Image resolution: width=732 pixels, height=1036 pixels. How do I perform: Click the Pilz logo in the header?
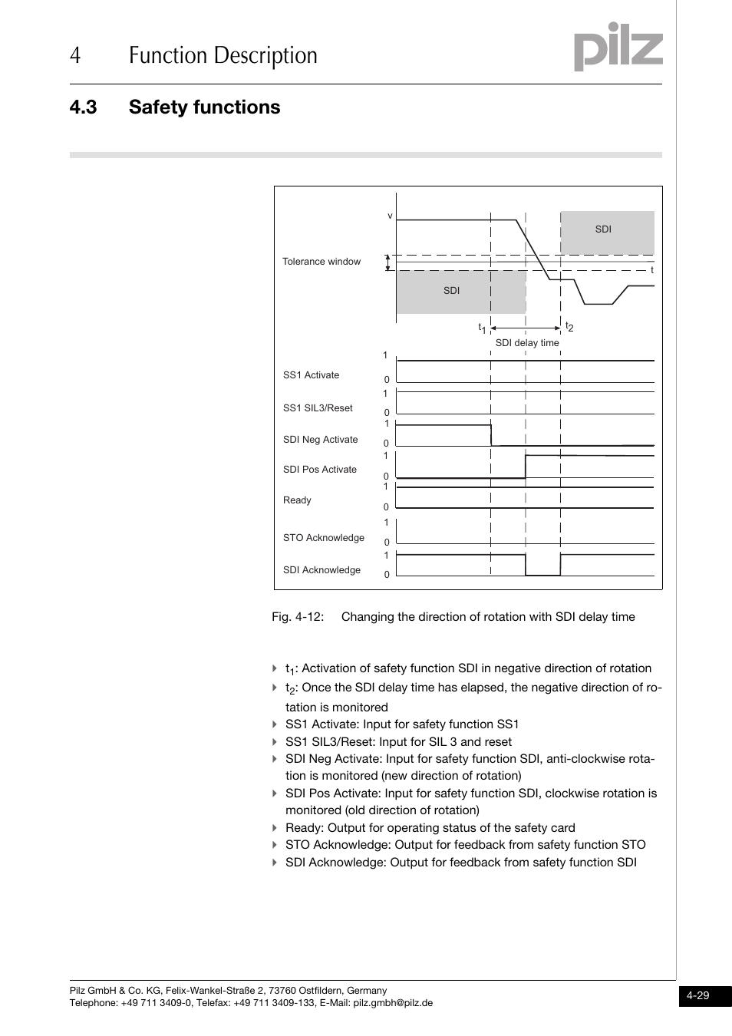point(618,47)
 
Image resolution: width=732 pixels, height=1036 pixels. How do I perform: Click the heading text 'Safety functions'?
point(204,107)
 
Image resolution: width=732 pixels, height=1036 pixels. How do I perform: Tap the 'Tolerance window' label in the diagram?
point(321,262)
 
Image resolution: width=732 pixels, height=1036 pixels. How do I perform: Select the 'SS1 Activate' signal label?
point(311,375)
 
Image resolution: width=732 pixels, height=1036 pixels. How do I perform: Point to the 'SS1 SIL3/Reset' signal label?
point(318,408)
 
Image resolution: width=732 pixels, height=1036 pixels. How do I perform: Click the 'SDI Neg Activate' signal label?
point(320,440)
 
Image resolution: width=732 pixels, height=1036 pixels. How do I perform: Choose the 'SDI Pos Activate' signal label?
point(319,470)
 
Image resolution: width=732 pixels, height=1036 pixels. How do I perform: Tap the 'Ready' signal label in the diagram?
point(297,500)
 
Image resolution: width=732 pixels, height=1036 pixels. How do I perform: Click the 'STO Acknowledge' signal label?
point(323,538)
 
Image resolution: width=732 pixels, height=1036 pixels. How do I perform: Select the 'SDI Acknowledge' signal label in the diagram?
point(321,570)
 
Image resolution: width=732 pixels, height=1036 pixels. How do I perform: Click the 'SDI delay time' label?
point(527,343)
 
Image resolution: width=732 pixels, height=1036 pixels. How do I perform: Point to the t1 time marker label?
point(483,328)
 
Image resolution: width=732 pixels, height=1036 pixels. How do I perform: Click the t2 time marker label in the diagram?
point(569,327)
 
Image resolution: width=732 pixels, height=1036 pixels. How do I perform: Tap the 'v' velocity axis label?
point(390,216)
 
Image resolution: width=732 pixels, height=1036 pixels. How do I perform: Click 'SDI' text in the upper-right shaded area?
point(603,229)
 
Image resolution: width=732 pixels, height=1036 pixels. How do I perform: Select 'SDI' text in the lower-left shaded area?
point(451,291)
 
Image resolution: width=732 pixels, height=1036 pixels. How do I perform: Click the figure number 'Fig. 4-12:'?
point(298,617)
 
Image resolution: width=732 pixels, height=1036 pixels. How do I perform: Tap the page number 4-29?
point(697,995)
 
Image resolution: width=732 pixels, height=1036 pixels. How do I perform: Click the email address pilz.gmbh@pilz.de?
point(393,1003)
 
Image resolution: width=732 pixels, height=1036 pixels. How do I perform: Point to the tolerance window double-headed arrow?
point(388,263)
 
